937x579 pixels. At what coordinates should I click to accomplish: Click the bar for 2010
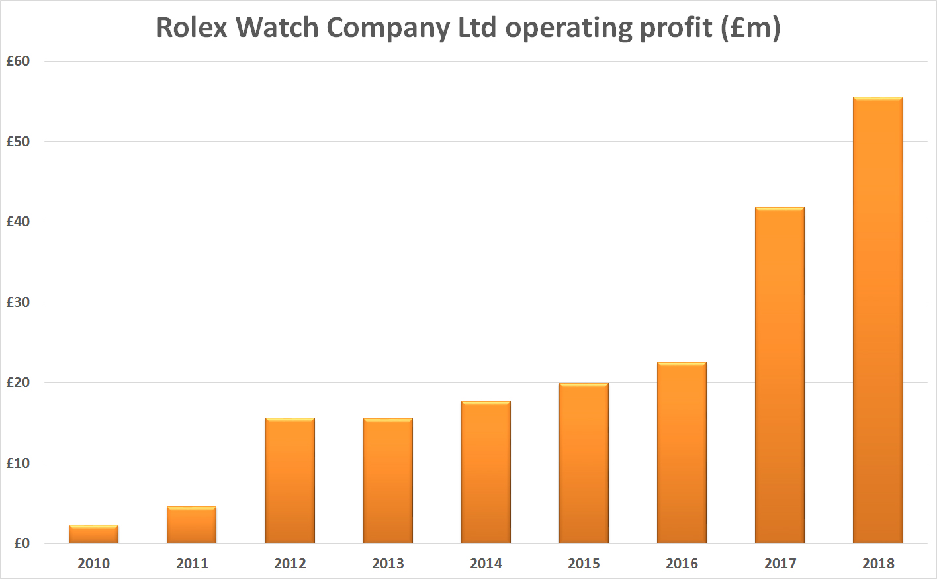point(93,534)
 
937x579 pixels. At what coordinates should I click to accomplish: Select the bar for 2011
point(191,525)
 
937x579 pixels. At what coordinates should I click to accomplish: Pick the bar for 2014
point(486,472)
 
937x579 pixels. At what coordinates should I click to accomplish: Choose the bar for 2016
point(682,453)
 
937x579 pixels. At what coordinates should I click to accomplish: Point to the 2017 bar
point(780,375)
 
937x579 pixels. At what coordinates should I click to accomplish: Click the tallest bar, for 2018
point(877,320)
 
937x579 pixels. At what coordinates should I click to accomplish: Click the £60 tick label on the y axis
point(18,61)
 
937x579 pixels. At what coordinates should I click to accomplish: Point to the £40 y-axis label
point(18,222)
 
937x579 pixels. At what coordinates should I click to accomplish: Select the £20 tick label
point(18,382)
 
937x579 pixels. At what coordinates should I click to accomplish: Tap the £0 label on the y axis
point(22,543)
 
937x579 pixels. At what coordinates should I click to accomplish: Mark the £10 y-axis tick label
point(18,463)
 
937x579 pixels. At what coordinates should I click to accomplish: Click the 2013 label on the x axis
point(388,564)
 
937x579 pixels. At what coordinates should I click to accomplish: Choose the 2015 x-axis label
point(584,564)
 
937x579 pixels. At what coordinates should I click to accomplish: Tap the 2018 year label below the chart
point(878,564)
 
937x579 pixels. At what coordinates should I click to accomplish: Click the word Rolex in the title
point(191,28)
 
